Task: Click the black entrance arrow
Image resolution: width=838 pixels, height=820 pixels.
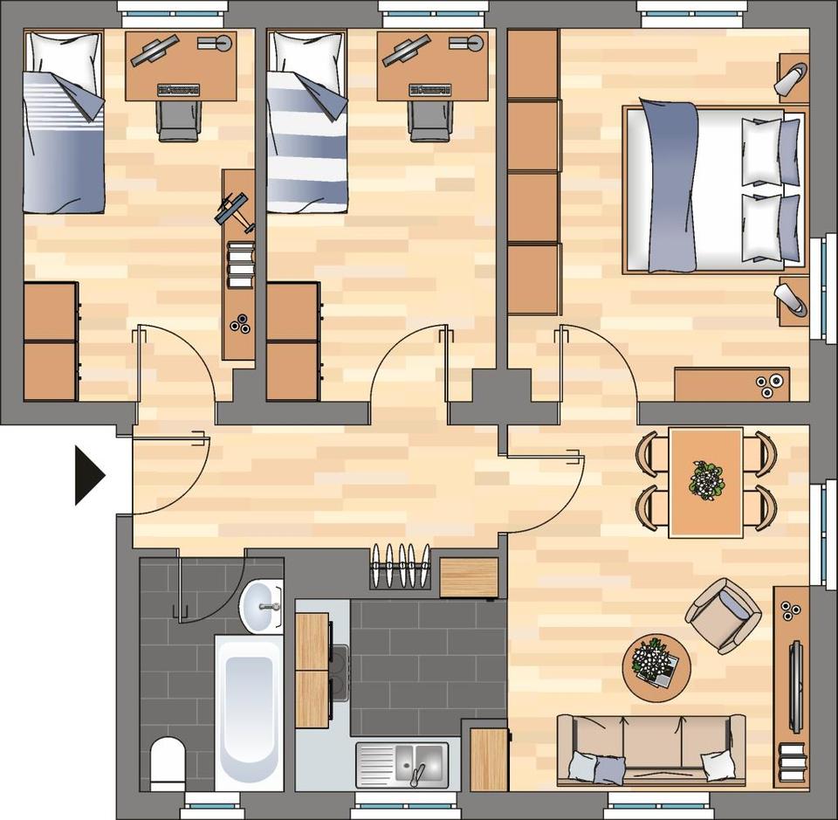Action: click(x=87, y=476)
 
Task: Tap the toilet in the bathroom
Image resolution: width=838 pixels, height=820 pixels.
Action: click(x=168, y=761)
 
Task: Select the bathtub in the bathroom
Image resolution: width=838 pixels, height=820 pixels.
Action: click(x=249, y=712)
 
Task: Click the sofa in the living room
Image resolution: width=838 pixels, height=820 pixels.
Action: click(x=650, y=750)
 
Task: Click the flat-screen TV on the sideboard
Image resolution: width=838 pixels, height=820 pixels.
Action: click(x=796, y=685)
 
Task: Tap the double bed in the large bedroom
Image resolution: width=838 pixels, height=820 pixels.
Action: click(x=711, y=188)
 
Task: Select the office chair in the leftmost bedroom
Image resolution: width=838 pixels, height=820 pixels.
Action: click(x=179, y=121)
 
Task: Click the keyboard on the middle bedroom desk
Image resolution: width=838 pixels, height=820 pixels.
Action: click(x=429, y=89)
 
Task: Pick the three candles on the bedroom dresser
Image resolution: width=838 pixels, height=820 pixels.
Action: click(x=768, y=385)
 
